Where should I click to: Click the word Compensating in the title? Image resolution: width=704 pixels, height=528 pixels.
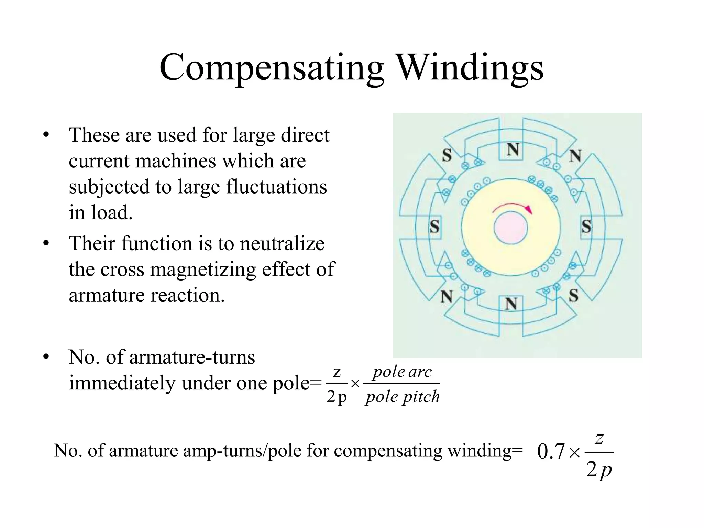click(272, 68)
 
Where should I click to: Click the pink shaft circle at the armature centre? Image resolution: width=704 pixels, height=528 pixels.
click(511, 228)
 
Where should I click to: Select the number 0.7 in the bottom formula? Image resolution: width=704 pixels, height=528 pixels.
click(551, 452)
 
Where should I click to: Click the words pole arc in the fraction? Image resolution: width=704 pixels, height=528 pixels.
click(402, 372)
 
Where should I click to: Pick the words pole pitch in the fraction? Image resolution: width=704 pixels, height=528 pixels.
click(403, 397)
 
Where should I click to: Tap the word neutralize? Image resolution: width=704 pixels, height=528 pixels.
click(282, 243)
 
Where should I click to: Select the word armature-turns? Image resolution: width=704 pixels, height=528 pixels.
click(192, 357)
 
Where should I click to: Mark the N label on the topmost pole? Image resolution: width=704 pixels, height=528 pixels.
click(513, 150)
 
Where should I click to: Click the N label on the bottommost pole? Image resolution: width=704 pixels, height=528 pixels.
click(511, 304)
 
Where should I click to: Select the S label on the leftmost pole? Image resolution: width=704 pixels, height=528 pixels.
click(435, 227)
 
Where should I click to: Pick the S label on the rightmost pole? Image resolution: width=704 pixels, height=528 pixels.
click(586, 227)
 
